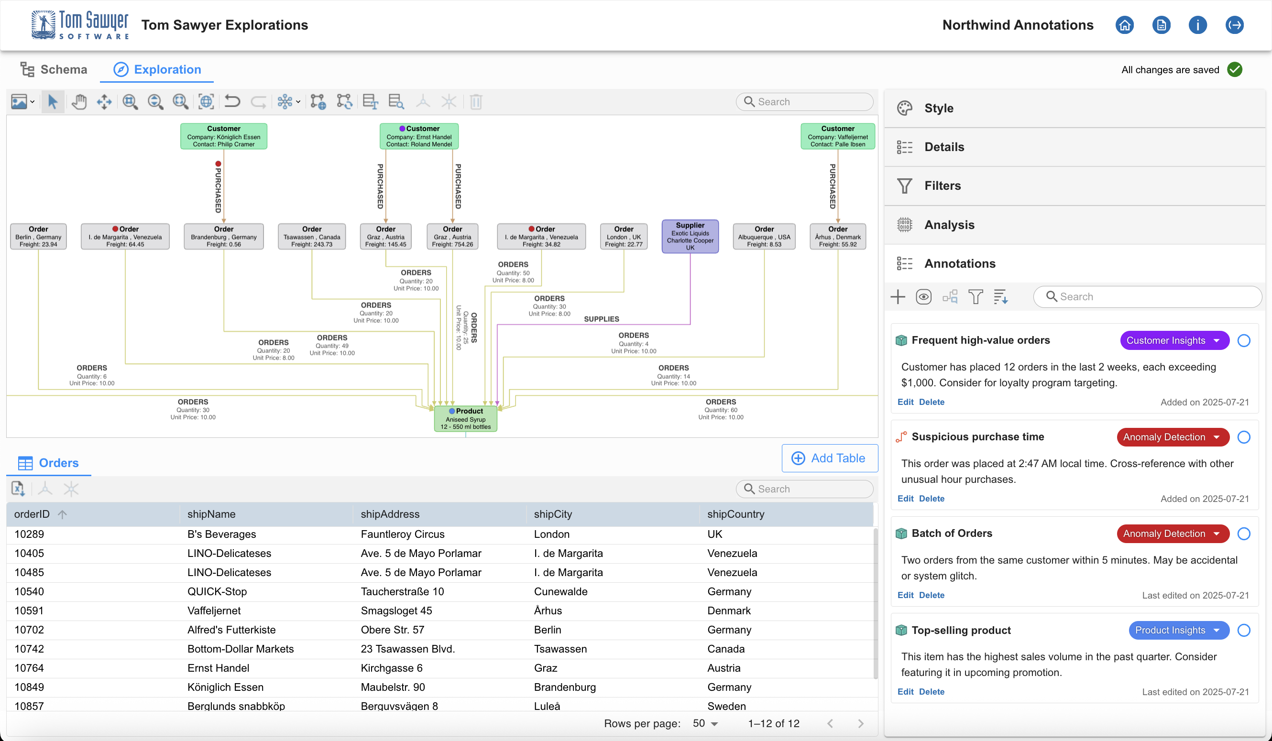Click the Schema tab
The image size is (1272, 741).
(54, 69)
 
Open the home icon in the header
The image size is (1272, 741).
(1125, 25)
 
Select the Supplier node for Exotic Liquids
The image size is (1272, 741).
(690, 236)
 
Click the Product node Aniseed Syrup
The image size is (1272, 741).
(465, 418)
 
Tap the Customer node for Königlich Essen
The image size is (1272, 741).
(224, 136)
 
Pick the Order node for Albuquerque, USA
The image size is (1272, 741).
(764, 236)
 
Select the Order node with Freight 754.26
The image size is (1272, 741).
(452, 236)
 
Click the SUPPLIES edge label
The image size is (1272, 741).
(601, 319)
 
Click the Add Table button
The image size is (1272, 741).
(829, 458)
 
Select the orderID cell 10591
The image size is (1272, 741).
(29, 610)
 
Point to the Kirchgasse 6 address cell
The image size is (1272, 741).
(391, 668)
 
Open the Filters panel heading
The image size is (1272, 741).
(943, 185)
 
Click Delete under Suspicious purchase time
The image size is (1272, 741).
(932, 498)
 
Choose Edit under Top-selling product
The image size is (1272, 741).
(905, 692)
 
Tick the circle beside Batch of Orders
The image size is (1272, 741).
(1244, 534)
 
